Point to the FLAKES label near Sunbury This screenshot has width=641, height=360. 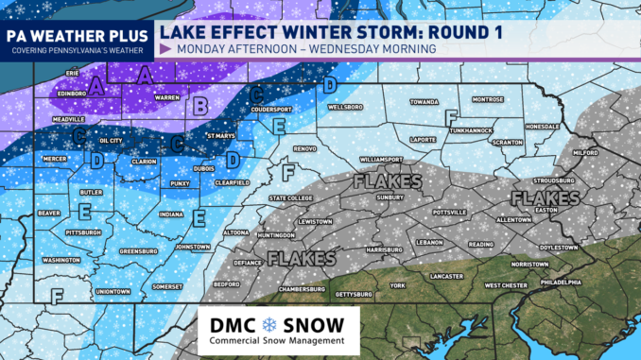[387, 181]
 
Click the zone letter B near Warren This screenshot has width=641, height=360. [200, 106]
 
